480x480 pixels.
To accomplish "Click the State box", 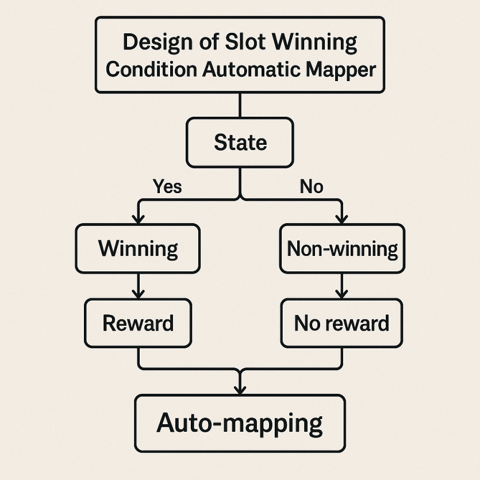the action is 240,143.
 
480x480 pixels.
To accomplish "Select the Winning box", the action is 138,248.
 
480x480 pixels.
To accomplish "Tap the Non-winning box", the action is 342,248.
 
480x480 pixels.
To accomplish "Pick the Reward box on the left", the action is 138,323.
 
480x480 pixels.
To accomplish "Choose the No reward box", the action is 341,323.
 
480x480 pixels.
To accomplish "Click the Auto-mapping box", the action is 240,423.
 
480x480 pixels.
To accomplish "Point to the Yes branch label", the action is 167,186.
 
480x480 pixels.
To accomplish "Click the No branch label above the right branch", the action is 312,186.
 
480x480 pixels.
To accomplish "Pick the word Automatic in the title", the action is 251,69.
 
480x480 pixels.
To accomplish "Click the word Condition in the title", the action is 151,69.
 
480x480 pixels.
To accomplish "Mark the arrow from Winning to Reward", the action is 139,286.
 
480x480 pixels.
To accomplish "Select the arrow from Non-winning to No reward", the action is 341,286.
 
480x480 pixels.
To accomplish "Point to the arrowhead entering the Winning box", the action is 139,219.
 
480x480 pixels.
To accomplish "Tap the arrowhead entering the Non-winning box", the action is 341,219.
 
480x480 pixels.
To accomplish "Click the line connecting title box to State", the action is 240,105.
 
